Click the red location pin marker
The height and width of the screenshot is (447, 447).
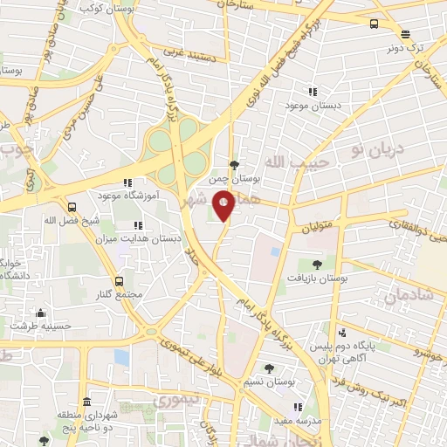(x=223, y=204)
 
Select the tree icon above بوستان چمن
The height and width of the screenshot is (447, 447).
(x=234, y=163)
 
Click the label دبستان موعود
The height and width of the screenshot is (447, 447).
(x=312, y=106)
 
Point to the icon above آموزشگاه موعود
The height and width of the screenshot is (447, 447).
(x=127, y=183)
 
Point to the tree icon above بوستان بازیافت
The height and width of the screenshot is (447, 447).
(x=316, y=263)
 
